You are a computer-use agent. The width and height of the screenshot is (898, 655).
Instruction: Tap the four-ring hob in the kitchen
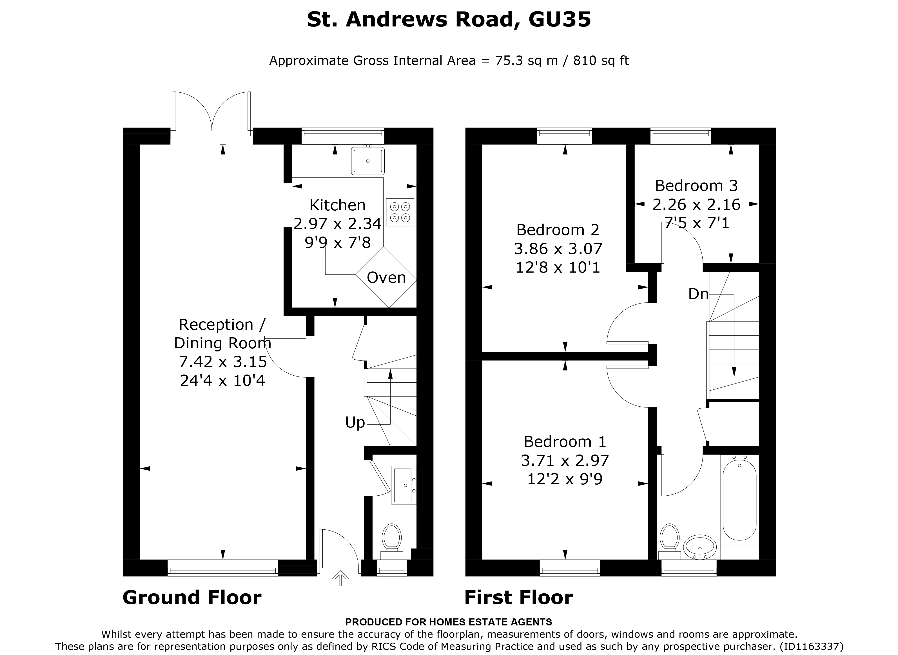tap(400, 212)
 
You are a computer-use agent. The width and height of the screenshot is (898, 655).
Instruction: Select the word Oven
tap(386, 278)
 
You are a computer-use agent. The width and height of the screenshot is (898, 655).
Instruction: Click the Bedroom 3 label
tap(696, 186)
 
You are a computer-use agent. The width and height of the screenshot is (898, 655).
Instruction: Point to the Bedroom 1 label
tap(565, 441)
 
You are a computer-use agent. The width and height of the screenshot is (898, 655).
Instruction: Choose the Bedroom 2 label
tap(558, 230)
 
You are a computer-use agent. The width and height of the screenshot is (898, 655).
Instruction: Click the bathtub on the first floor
tap(739, 501)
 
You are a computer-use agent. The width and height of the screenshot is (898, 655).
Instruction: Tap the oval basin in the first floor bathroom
tap(700, 547)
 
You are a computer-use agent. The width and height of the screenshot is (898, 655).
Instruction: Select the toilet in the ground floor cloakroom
tap(392, 540)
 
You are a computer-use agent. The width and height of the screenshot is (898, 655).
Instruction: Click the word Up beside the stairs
tap(355, 423)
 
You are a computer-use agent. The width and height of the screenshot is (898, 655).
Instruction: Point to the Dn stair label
tap(698, 294)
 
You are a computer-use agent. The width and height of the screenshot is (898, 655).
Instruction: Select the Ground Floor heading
tap(192, 598)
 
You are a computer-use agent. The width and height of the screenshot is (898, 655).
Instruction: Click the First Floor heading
tap(518, 598)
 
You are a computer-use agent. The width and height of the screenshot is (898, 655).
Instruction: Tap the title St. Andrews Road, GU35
tap(449, 19)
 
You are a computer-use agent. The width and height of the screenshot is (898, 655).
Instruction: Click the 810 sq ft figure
tap(601, 61)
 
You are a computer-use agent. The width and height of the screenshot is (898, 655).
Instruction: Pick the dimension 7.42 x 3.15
tap(223, 362)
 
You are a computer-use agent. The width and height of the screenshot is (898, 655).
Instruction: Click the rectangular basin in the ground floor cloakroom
tap(403, 485)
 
